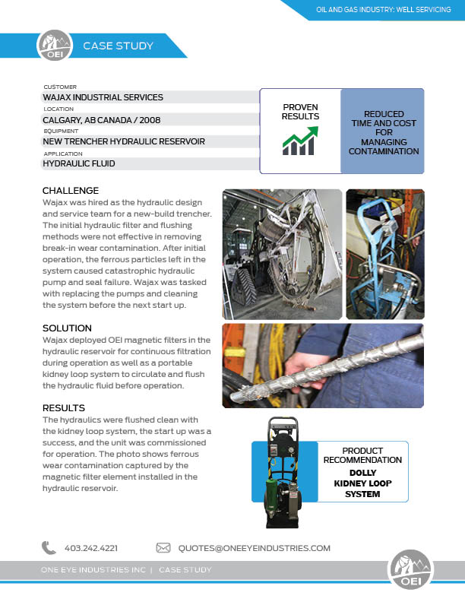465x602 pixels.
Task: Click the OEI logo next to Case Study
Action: pyautogui.click(x=54, y=46)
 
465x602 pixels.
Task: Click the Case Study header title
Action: pyautogui.click(x=118, y=46)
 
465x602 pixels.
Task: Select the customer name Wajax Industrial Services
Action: pyautogui.click(x=103, y=97)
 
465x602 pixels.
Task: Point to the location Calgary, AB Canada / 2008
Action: pyautogui.click(x=101, y=119)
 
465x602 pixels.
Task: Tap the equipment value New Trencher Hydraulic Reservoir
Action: pyautogui.click(x=123, y=141)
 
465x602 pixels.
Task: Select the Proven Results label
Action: pyautogui.click(x=300, y=112)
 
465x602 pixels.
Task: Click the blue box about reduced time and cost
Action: pyautogui.click(x=382, y=131)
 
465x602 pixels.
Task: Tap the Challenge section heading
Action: pyautogui.click(x=71, y=190)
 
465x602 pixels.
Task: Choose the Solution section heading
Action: pyautogui.click(x=67, y=328)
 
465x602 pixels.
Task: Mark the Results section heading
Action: pyautogui.click(x=64, y=407)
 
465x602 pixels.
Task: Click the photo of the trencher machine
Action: pyautogui.click(x=282, y=253)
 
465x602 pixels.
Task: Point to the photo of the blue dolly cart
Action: pyautogui.click(x=384, y=253)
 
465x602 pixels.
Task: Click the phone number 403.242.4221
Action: pyautogui.click(x=90, y=547)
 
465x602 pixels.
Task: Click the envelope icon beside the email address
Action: pyautogui.click(x=163, y=547)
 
